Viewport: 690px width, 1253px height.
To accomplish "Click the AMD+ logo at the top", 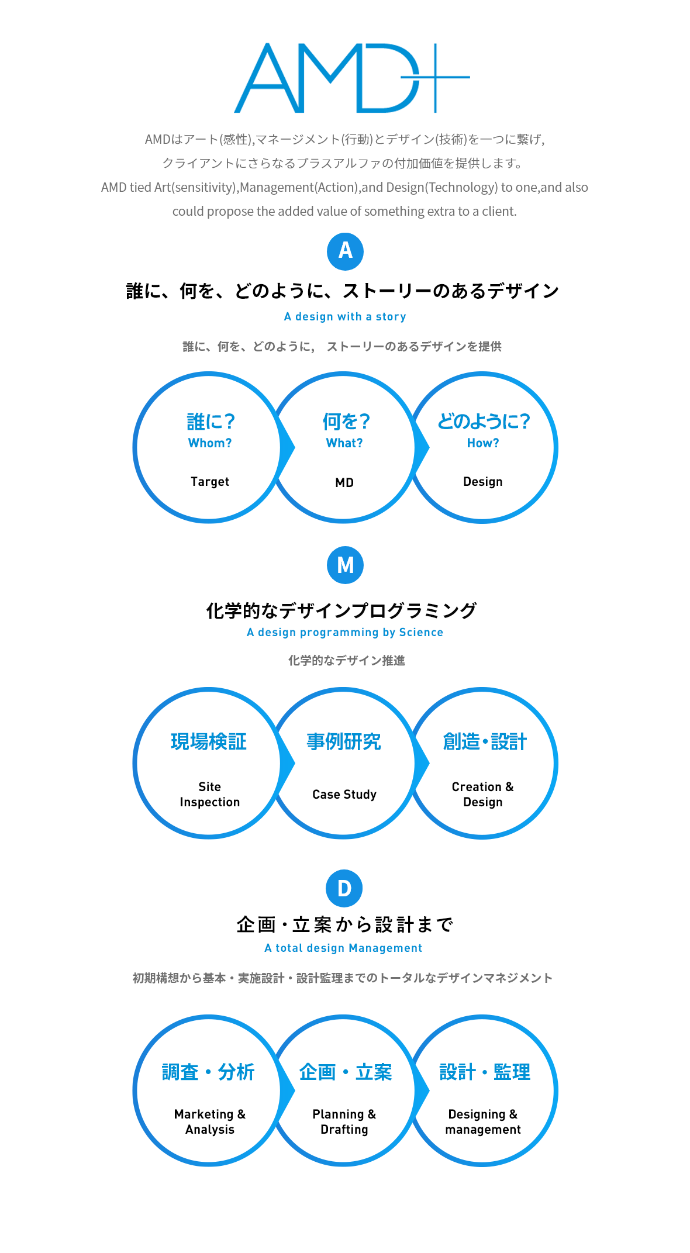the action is [351, 78].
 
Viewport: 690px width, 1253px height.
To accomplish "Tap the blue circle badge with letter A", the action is [345, 251].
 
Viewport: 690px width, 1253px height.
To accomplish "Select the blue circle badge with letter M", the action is [345, 565].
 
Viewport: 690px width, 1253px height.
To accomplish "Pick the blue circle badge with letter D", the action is [344, 889].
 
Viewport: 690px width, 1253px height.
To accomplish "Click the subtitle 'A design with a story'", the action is [345, 317].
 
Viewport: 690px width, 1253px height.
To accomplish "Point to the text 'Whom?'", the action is [210, 443].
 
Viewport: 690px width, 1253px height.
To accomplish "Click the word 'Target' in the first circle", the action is [210, 482].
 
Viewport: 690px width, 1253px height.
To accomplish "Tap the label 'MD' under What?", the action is [344, 483].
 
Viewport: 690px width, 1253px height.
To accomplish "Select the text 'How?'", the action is [483, 443].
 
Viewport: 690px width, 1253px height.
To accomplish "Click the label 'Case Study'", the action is [344, 795].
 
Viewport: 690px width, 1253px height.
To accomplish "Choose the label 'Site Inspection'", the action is [210, 795].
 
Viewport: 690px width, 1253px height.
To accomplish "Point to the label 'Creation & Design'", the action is [483, 795].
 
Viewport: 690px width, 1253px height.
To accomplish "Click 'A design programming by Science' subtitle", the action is [345, 633].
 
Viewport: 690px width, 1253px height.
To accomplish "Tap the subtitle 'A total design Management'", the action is [343, 948].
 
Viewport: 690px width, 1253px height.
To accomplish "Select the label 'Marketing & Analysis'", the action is [210, 1122].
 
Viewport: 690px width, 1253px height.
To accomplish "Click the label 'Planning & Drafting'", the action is [344, 1122].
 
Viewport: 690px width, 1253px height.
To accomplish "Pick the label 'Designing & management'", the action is [483, 1122].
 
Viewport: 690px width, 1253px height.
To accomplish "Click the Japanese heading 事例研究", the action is [344, 742].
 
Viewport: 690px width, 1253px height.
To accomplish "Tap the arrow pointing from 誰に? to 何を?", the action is [287, 448].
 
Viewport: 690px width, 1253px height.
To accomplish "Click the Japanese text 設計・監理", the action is [485, 1072].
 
